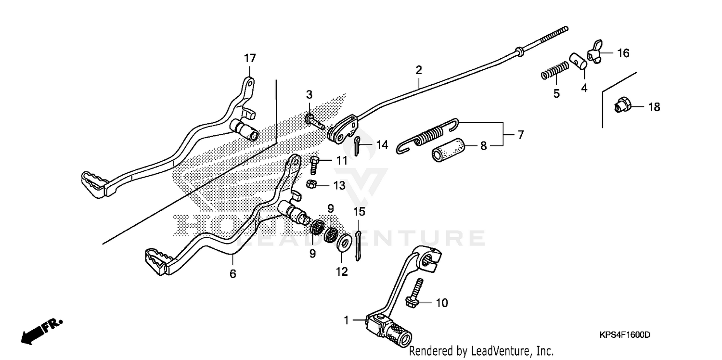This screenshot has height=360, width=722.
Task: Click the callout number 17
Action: (250, 59)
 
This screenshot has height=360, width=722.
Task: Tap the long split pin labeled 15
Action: (359, 245)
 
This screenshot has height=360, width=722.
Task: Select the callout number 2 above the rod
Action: (419, 70)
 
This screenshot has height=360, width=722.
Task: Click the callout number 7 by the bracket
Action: (520, 135)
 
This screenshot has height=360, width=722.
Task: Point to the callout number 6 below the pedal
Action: (233, 274)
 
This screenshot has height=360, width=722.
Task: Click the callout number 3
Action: (309, 94)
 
